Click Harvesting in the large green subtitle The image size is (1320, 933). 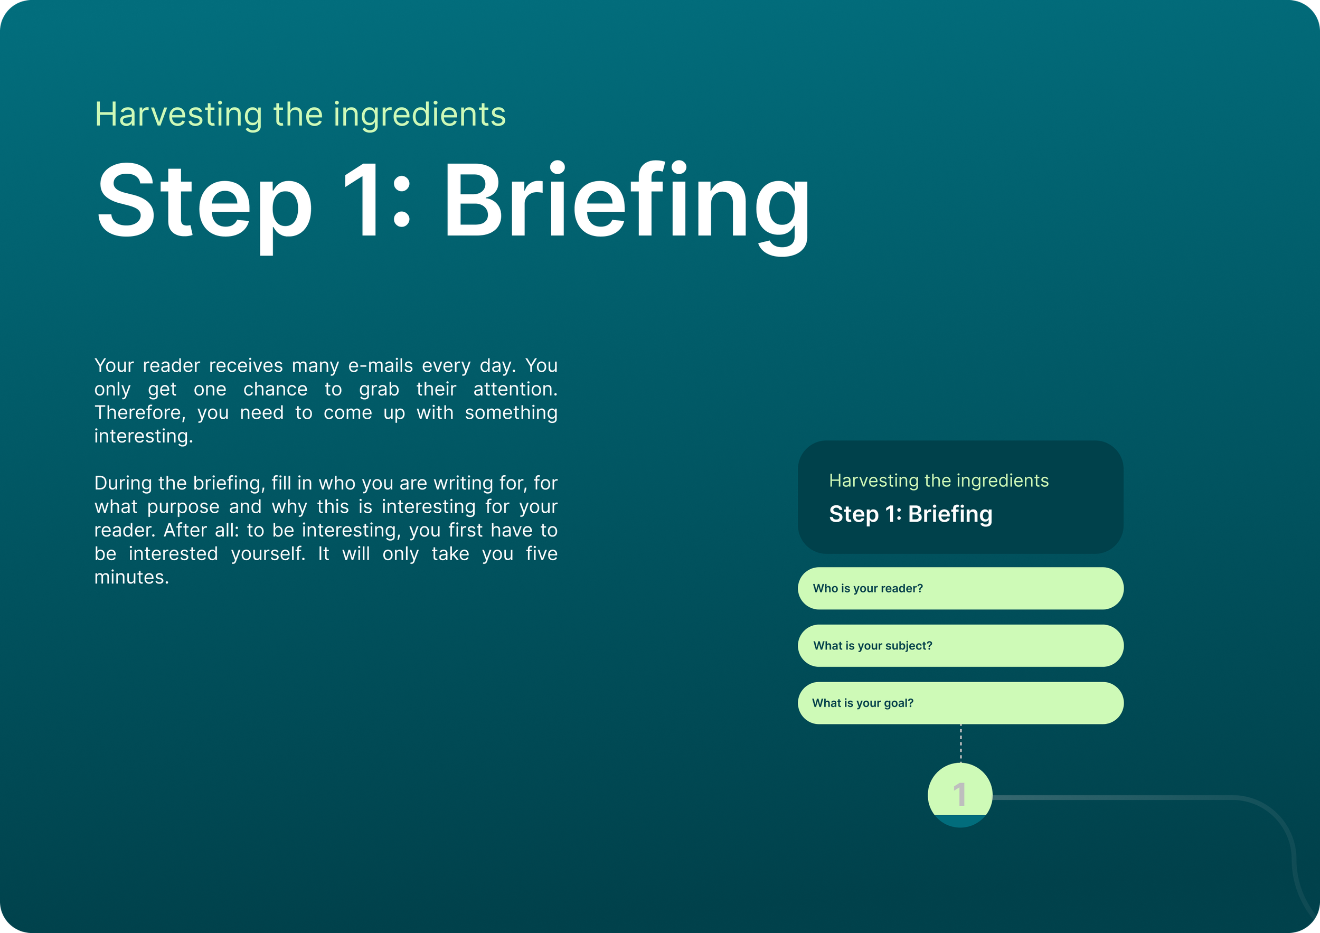pyautogui.click(x=178, y=115)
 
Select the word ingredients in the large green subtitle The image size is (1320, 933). pyautogui.click(x=419, y=115)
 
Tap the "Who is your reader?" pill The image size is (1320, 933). pyautogui.click(x=960, y=588)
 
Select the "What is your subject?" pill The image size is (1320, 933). pyautogui.click(x=960, y=646)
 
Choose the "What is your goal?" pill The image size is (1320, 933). pyautogui.click(x=960, y=703)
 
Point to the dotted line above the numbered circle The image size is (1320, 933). pyautogui.click(x=960, y=743)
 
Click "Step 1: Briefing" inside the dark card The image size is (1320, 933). pyautogui.click(x=910, y=514)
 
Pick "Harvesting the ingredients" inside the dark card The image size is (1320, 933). pyautogui.click(x=938, y=480)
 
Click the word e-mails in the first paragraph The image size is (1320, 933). pyautogui.click(x=380, y=365)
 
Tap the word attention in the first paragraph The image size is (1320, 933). pyautogui.click(x=515, y=389)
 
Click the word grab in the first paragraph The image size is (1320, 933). pyautogui.click(x=379, y=389)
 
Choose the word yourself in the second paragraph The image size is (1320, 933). pyautogui.click(x=267, y=553)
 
